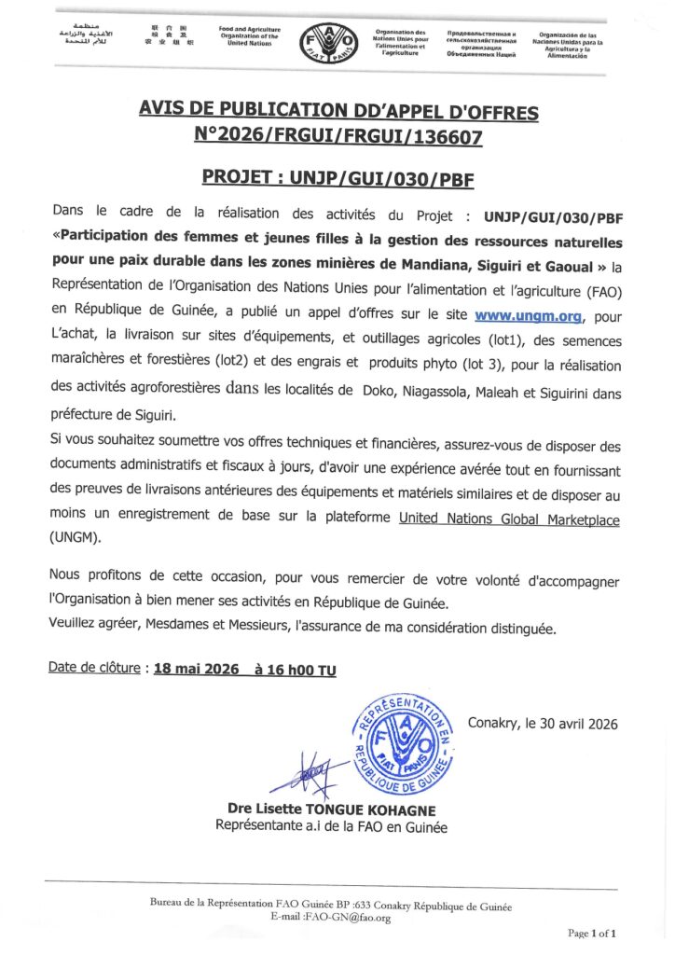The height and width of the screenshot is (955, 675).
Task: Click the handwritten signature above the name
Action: [307, 771]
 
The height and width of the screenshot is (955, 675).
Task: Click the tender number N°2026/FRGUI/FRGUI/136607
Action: [338, 136]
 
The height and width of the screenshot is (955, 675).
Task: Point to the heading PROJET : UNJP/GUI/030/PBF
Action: [337, 176]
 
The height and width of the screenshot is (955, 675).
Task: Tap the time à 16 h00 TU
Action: [288, 669]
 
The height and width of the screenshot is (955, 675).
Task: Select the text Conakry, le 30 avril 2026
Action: [543, 724]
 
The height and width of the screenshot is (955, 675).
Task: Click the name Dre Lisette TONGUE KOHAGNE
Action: [331, 810]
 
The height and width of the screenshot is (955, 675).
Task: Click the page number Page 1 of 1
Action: [592, 933]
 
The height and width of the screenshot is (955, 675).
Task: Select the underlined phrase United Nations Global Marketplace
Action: [509, 519]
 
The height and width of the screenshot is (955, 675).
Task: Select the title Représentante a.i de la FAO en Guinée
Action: [331, 826]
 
